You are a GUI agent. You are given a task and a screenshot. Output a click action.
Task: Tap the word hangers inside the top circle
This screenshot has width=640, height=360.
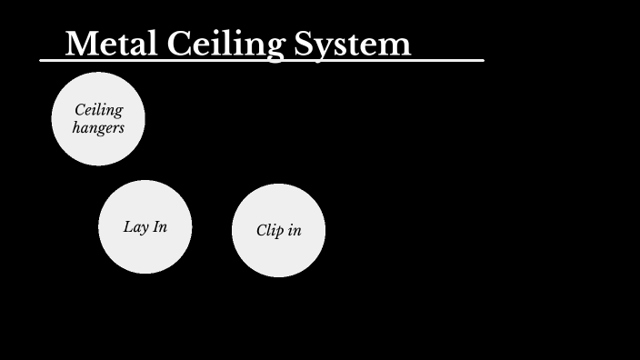point(98,128)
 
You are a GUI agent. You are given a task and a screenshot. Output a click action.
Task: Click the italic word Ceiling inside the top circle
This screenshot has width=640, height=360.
point(98,111)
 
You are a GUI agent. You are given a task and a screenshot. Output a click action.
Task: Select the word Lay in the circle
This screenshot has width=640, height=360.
point(135,226)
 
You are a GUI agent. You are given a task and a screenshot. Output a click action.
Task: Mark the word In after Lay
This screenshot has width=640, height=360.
point(158,226)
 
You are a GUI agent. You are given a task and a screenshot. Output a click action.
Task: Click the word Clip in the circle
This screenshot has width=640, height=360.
point(270,230)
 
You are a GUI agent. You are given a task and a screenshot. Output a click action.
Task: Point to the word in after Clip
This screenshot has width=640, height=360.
point(294,230)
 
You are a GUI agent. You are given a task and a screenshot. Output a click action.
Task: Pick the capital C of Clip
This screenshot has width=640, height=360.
point(262,230)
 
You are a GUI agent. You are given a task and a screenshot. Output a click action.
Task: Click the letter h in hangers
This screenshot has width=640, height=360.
point(77,127)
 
